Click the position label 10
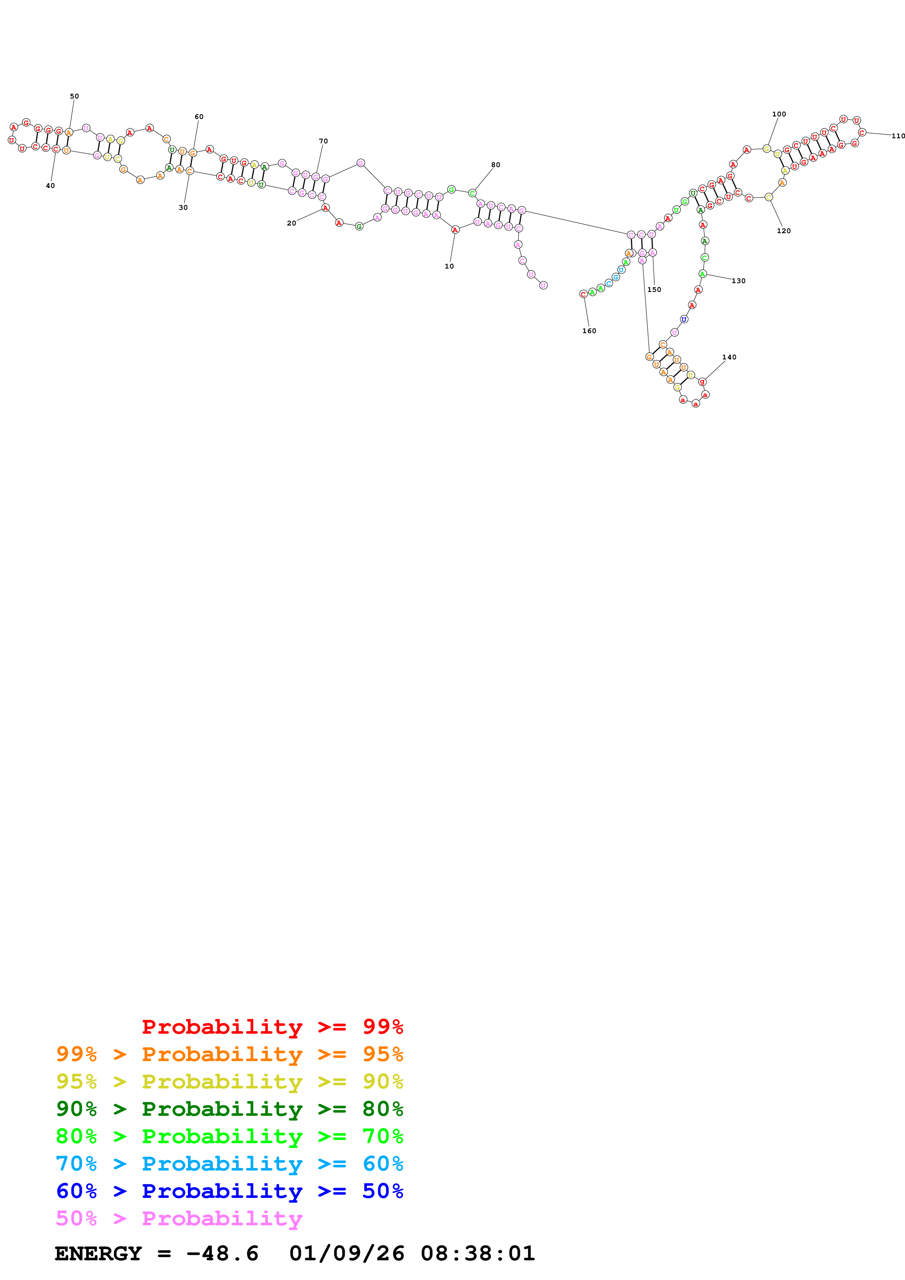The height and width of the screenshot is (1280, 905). point(449,266)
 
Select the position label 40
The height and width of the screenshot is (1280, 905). point(50,186)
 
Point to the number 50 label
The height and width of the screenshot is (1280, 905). point(74,96)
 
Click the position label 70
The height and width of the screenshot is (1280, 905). point(323,141)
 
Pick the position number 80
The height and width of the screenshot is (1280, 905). point(496,165)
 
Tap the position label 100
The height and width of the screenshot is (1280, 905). point(779,114)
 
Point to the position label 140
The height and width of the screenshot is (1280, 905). point(729,357)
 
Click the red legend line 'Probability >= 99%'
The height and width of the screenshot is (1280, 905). point(273,1026)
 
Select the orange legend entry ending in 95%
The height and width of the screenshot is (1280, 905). point(230,1054)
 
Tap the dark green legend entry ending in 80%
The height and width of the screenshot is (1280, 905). point(230,1109)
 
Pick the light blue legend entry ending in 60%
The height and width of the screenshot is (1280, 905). point(230,1164)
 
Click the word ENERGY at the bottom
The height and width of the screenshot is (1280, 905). point(98,1254)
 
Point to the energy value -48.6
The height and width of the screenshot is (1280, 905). point(222,1254)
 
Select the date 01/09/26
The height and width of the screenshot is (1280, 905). point(347,1254)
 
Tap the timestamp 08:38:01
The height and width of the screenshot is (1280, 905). point(478,1254)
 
